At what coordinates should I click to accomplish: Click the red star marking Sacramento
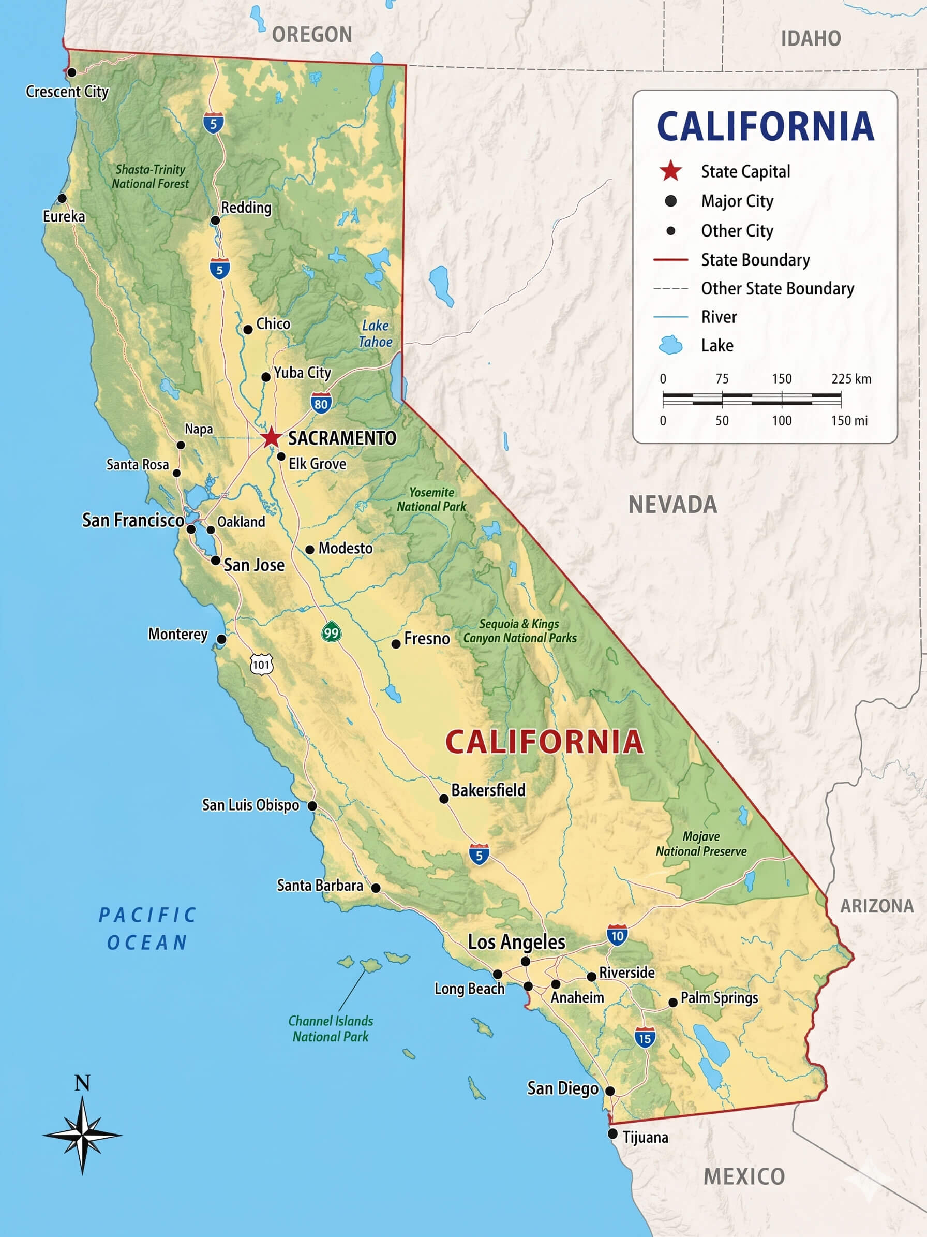(271, 437)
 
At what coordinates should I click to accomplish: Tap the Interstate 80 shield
(321, 403)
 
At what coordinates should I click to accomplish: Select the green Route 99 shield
(332, 632)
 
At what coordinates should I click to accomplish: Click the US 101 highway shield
(261, 665)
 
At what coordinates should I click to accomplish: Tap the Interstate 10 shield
(617, 936)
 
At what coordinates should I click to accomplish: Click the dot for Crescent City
(71, 72)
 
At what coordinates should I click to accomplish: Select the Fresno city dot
(396, 644)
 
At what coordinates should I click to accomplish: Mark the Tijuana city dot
(612, 1133)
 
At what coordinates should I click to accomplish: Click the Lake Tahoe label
(375, 333)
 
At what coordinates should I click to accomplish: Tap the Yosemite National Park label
(431, 499)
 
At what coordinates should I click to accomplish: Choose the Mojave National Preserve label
(701, 844)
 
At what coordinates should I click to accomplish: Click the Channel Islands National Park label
(330, 1028)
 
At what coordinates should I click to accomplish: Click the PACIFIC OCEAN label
(147, 929)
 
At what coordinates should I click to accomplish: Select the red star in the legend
(670, 171)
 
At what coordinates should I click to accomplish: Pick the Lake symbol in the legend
(670, 345)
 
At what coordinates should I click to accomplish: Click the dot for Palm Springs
(673, 1003)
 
